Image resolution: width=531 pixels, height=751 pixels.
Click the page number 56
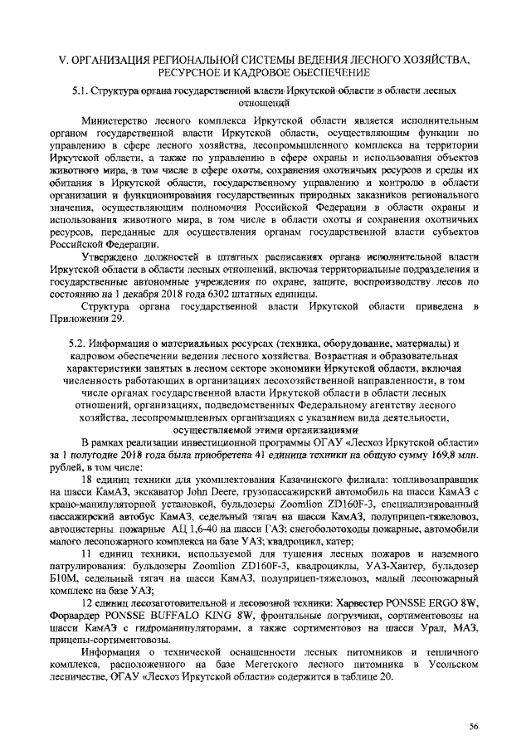(474, 725)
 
